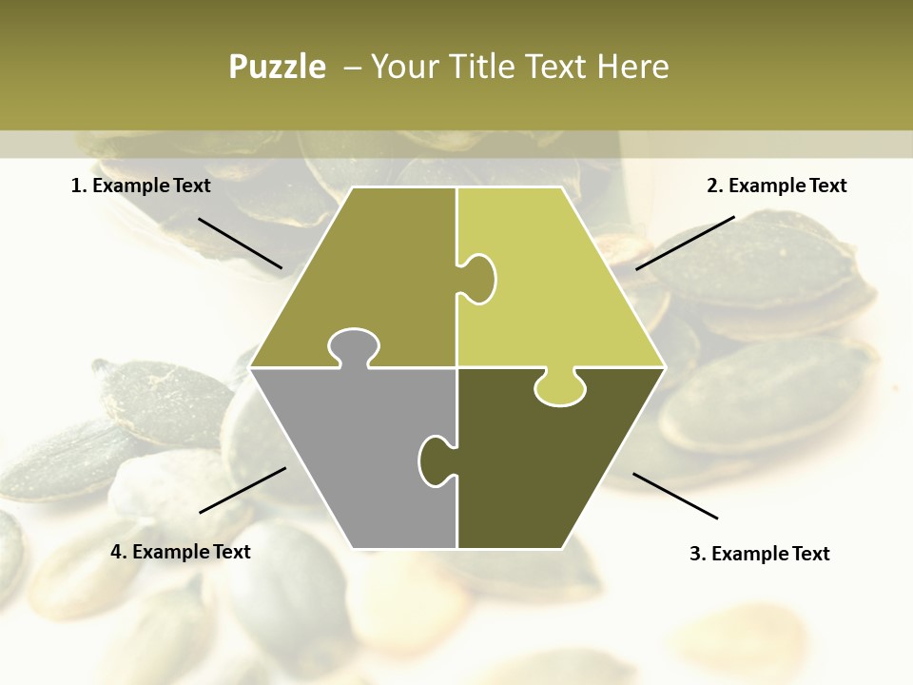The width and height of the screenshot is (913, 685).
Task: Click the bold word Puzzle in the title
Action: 277,67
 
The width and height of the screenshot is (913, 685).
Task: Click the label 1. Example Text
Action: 141,186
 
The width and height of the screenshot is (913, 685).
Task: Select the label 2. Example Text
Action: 776,186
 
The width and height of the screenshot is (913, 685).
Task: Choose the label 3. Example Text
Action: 759,554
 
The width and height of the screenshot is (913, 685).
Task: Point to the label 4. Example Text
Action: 181,552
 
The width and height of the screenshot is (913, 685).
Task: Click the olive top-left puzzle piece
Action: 380,276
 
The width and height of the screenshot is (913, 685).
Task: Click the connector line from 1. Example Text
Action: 240,243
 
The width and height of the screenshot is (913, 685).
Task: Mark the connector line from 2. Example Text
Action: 685,243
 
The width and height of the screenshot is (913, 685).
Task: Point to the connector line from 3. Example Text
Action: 674,496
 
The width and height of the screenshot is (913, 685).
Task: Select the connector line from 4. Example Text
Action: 243,490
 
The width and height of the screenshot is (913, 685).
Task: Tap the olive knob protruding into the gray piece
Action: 354,348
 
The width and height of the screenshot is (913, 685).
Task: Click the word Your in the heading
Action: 405,67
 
